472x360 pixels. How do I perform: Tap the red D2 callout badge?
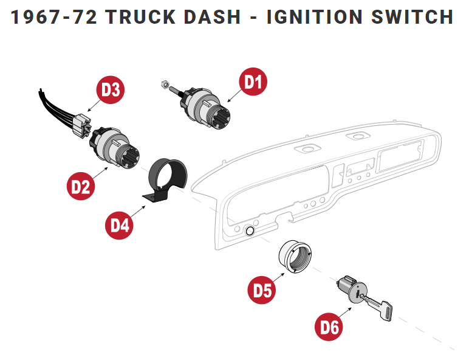[x=80, y=186]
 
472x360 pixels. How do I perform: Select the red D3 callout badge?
[x=111, y=90]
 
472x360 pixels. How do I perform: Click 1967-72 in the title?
[x=53, y=16]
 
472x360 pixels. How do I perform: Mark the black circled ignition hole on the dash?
[x=248, y=231]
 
